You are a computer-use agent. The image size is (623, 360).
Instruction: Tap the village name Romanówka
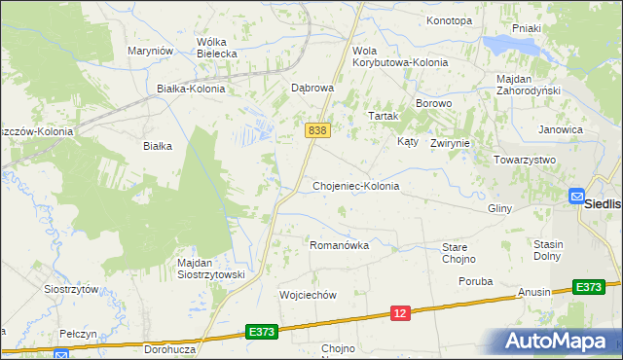point(339,245)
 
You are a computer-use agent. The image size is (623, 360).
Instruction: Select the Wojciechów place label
point(308,295)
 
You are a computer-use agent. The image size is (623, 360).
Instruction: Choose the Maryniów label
point(151,51)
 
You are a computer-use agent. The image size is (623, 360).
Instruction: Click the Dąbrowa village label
point(313,87)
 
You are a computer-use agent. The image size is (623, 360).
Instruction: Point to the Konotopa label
point(449,20)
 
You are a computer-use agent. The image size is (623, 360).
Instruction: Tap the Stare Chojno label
point(458,253)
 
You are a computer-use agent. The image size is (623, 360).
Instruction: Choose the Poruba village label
point(476,281)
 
